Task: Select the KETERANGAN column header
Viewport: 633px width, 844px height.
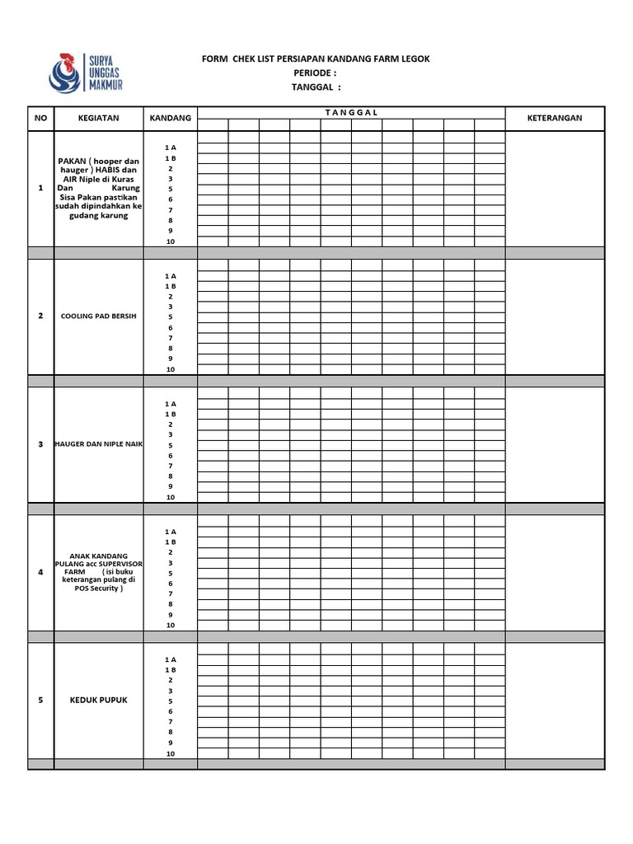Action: click(x=554, y=118)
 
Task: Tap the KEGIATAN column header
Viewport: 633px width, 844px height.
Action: click(x=99, y=118)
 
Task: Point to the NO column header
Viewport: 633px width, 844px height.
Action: click(x=40, y=118)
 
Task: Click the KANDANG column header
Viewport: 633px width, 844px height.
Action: click(x=170, y=118)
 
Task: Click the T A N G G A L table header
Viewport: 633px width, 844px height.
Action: click(x=351, y=112)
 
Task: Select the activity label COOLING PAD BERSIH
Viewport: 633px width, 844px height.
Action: click(x=99, y=316)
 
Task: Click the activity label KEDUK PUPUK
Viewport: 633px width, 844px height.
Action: click(x=99, y=701)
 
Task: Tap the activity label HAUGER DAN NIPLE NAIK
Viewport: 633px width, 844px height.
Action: click(x=99, y=444)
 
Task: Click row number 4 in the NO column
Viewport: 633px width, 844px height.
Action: click(x=40, y=573)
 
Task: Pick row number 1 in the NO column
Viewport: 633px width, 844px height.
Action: click(x=40, y=189)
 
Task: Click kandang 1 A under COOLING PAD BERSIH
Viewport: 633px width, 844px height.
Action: click(x=171, y=276)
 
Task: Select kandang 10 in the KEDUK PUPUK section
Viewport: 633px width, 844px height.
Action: click(x=171, y=753)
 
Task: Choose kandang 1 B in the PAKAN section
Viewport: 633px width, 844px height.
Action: click(x=171, y=157)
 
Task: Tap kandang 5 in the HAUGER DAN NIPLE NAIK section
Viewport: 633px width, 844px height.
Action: click(x=171, y=445)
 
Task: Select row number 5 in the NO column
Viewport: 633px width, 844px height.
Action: click(x=40, y=701)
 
